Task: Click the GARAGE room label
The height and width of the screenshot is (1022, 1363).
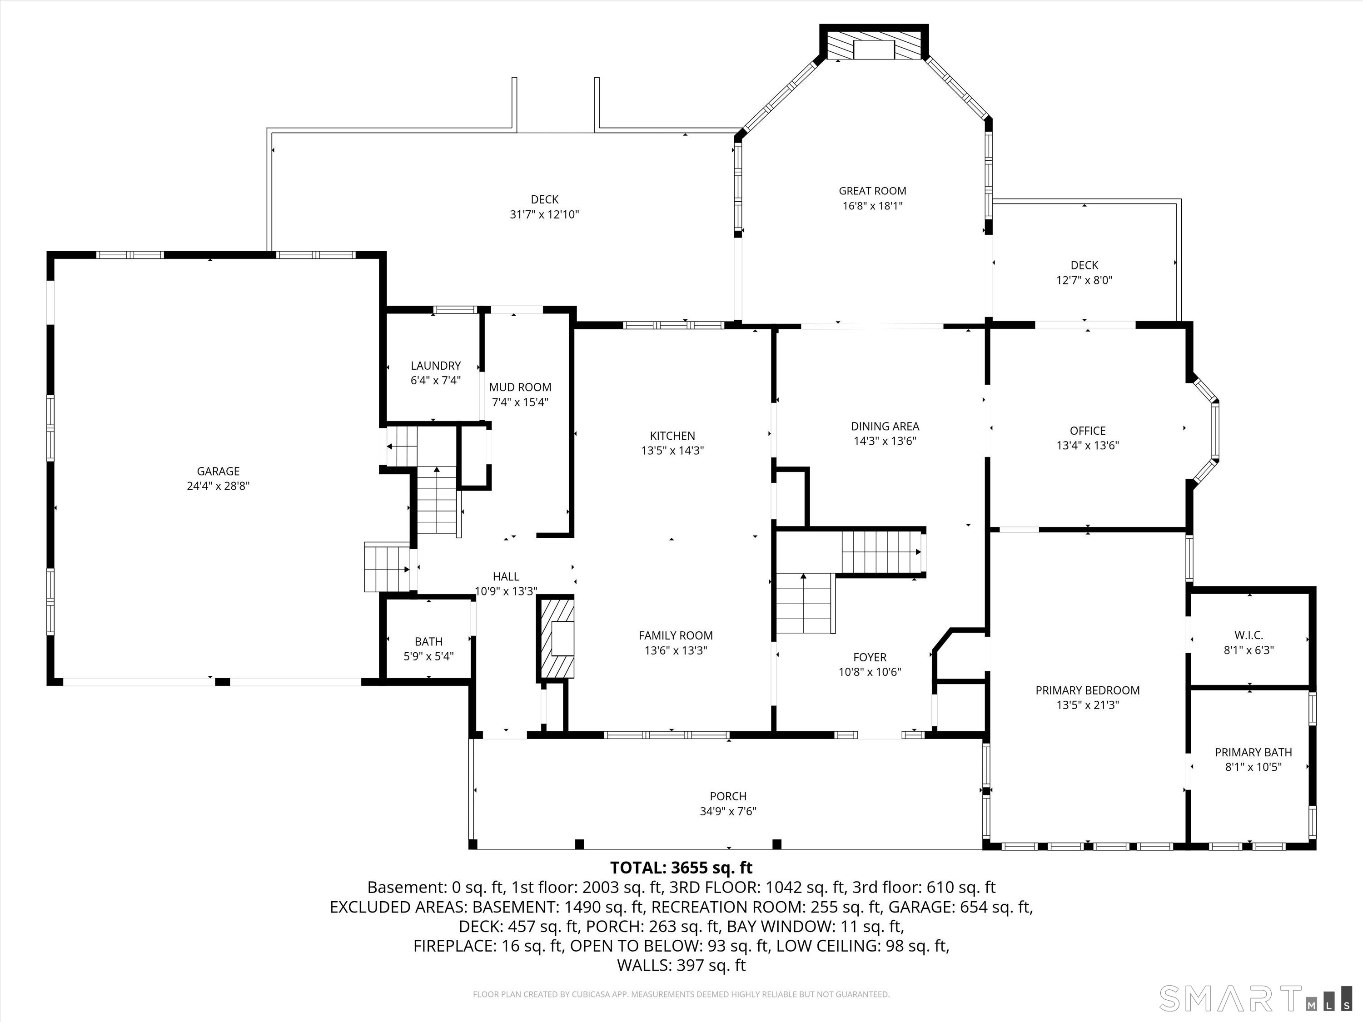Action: pyautogui.click(x=218, y=471)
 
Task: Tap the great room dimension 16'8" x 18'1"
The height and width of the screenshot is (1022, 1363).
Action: pyautogui.click(x=872, y=206)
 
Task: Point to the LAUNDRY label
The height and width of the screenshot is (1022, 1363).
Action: pyautogui.click(x=436, y=365)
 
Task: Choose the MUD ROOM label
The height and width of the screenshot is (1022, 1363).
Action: pyautogui.click(x=520, y=387)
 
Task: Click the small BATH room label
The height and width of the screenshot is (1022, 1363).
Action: pyautogui.click(x=428, y=641)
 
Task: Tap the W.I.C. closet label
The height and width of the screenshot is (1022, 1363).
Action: pyautogui.click(x=1249, y=635)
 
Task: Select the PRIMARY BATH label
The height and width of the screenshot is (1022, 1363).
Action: pyautogui.click(x=1253, y=752)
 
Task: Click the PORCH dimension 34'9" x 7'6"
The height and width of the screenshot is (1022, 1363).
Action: pyautogui.click(x=728, y=811)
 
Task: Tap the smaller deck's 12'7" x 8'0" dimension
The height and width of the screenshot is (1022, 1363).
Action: pyautogui.click(x=1084, y=280)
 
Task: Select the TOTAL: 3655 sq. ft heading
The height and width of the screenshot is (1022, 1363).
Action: pyautogui.click(x=681, y=868)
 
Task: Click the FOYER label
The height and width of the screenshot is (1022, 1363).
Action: pyautogui.click(x=870, y=657)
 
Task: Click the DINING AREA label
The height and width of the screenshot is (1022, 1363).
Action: pyautogui.click(x=885, y=426)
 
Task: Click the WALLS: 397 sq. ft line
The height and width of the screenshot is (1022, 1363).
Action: pyautogui.click(x=681, y=965)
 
